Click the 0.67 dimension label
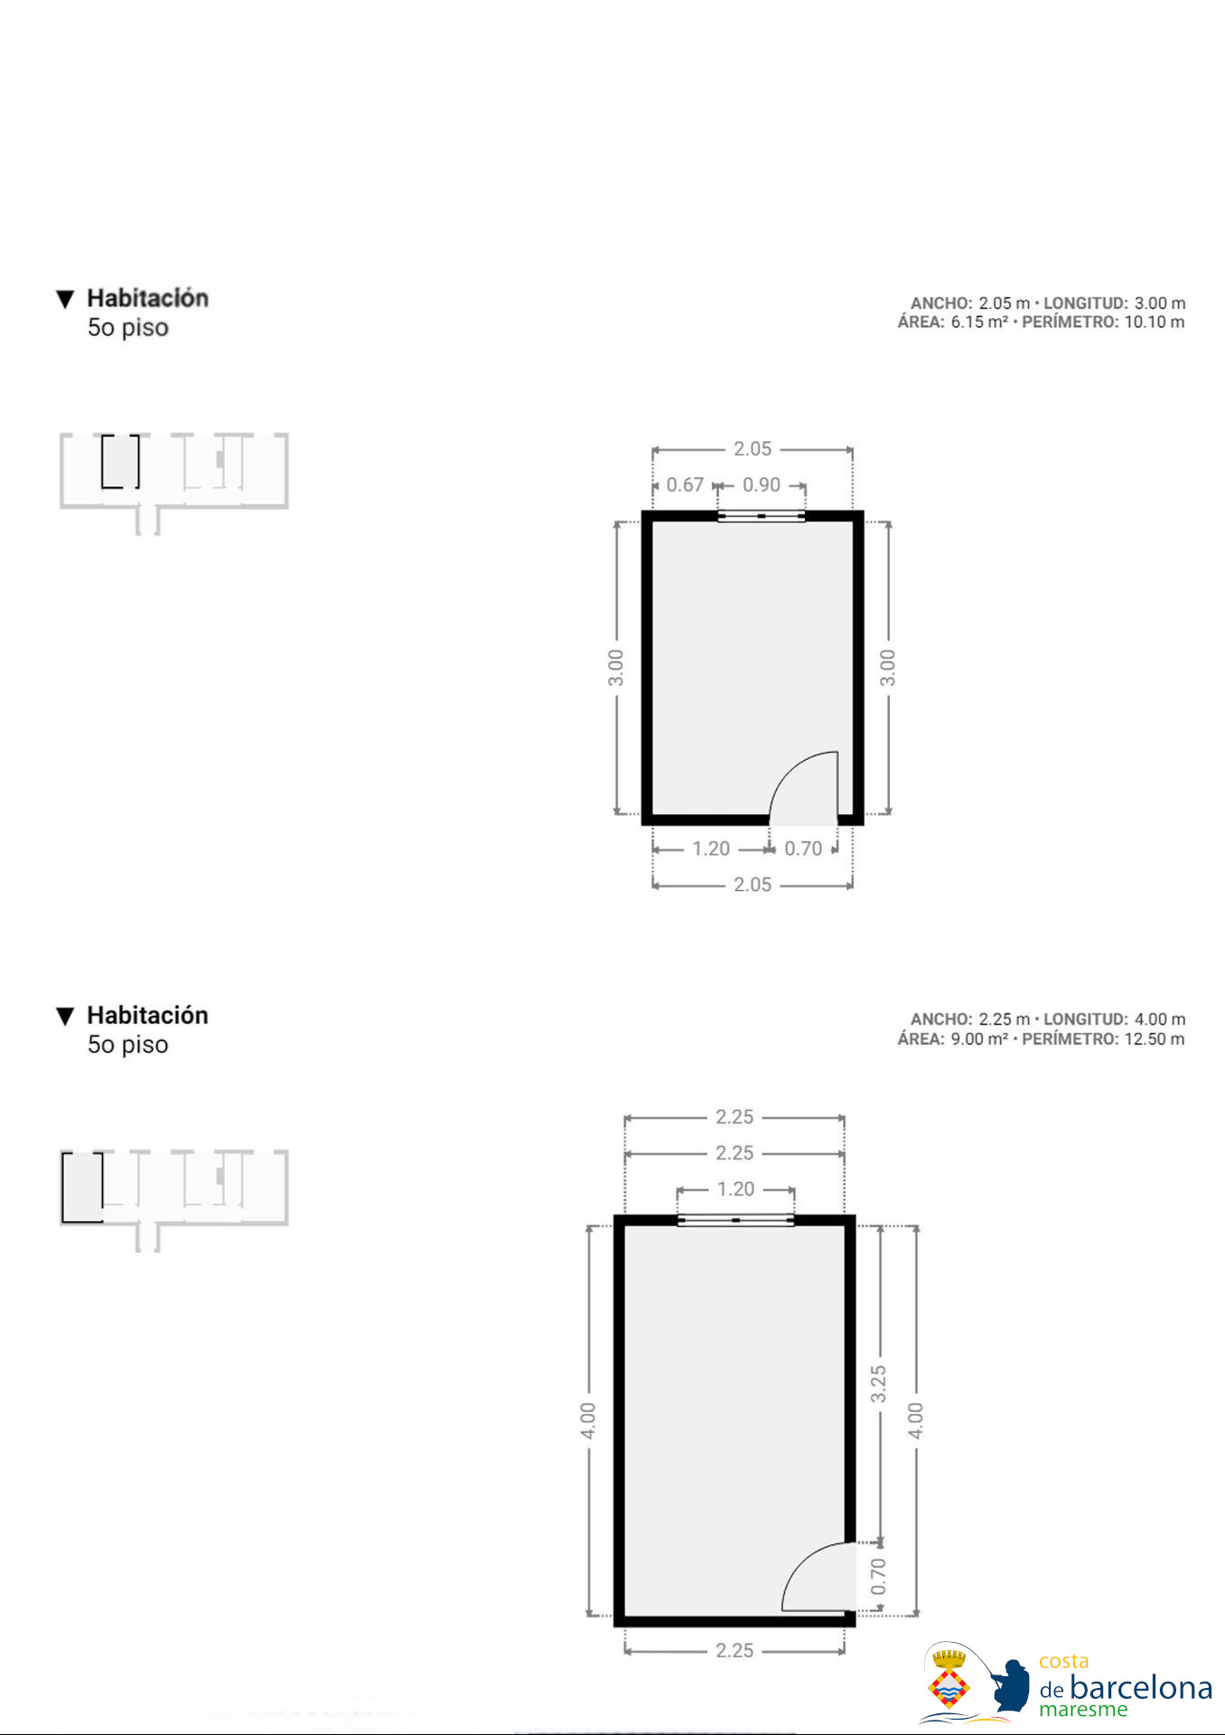[685, 485]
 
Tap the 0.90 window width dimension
[762, 485]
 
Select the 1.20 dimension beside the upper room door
[711, 849]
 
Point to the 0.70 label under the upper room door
[803, 849]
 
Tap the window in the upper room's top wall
[762, 516]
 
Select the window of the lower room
[735, 1220]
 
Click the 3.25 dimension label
[878, 1384]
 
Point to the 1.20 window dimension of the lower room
[735, 1189]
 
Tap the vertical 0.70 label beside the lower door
[878, 1577]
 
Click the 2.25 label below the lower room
[734, 1651]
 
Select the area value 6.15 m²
[979, 323]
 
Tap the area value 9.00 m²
[979, 1039]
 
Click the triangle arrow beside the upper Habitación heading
[65, 299]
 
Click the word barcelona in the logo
[1141, 1688]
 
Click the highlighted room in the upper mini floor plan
[120, 461]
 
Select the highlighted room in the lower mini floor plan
[82, 1186]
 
